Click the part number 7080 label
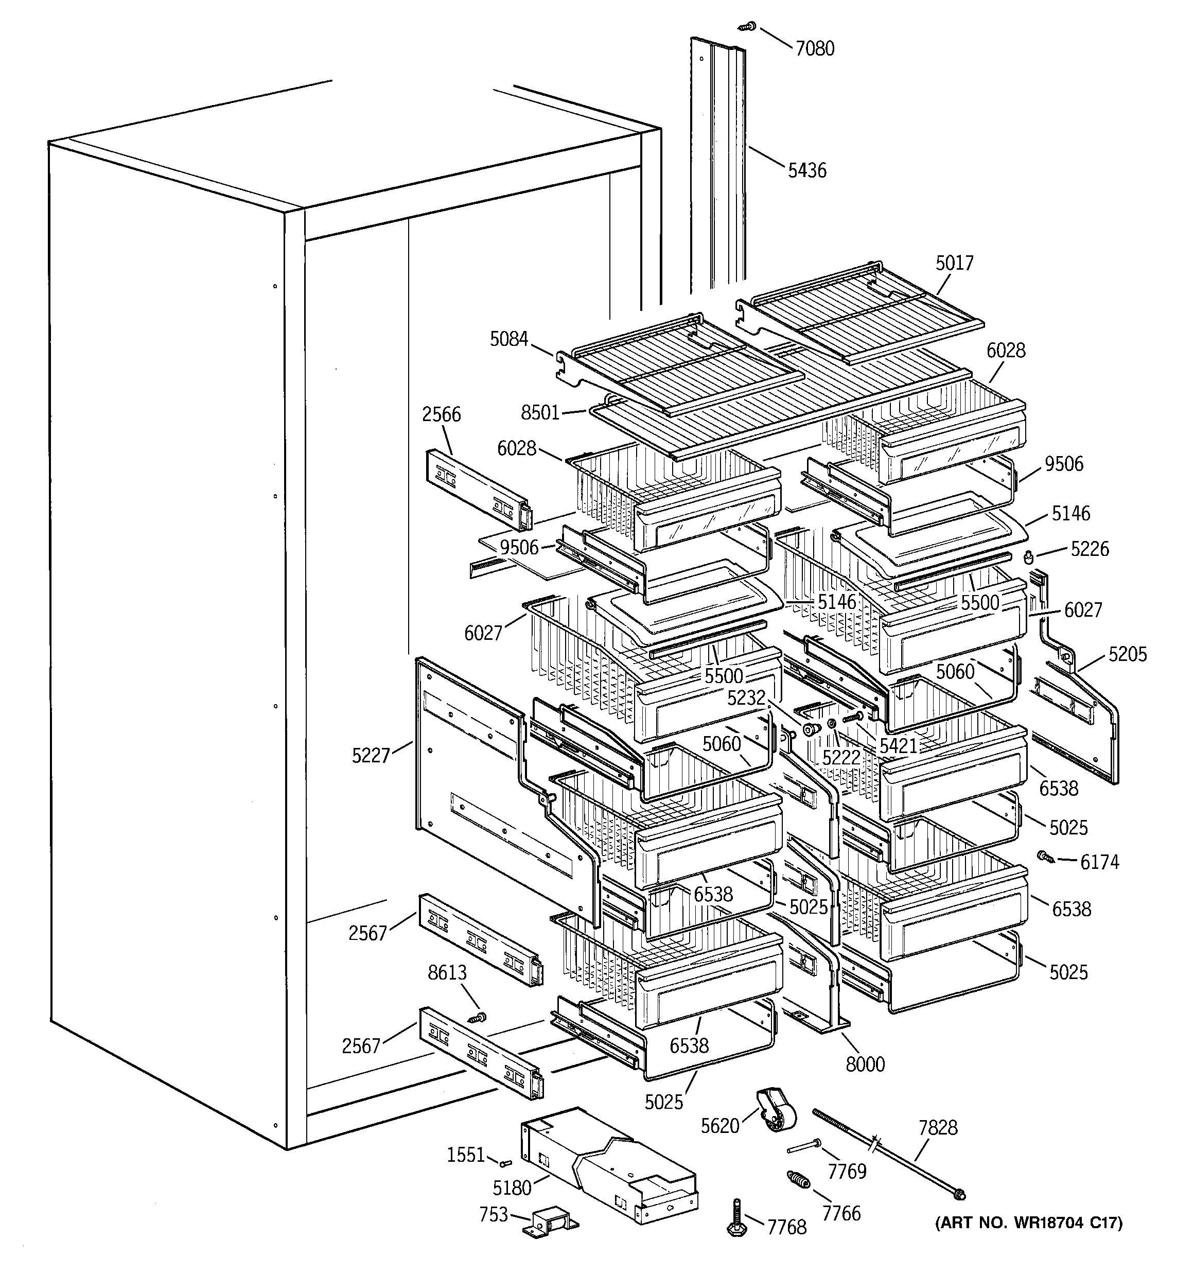pyautogui.click(x=815, y=49)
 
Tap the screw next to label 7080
pyautogui.click(x=747, y=27)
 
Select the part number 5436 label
pyautogui.click(x=807, y=170)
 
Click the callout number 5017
pyautogui.click(x=954, y=264)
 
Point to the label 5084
pyautogui.click(x=509, y=339)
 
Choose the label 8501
pyautogui.click(x=540, y=413)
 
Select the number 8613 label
pyautogui.click(x=447, y=973)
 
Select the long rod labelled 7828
pyautogui.click(x=891, y=1153)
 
